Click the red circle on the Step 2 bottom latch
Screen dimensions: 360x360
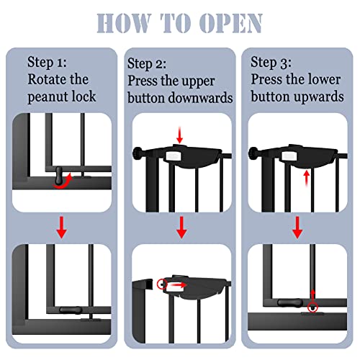pos(162,284)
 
